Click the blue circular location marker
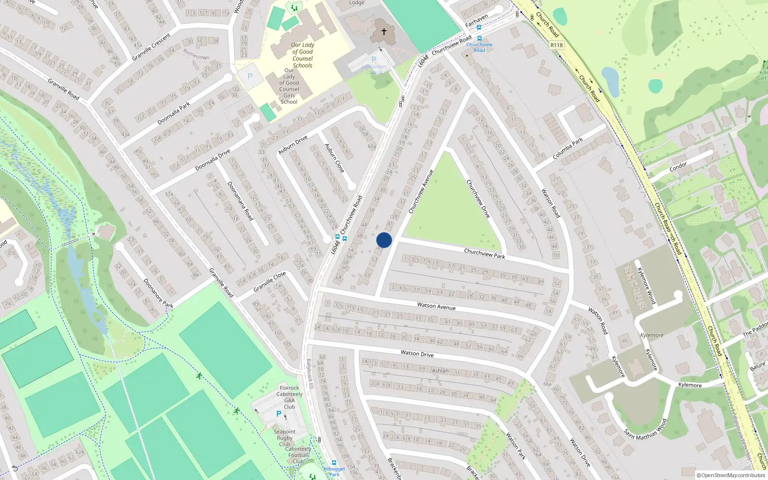click(x=384, y=240)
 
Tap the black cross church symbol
click(x=384, y=32)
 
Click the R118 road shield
click(x=557, y=45)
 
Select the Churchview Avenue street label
click(x=421, y=192)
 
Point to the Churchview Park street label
click(x=484, y=253)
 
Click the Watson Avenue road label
click(x=436, y=306)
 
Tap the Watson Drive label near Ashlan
click(x=417, y=354)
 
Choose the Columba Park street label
click(x=567, y=149)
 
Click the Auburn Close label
click(x=334, y=158)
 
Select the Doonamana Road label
click(x=240, y=201)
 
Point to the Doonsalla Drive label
click(x=213, y=160)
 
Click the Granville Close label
click(x=270, y=281)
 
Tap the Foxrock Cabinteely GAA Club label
click(x=289, y=397)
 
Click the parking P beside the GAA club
click(x=279, y=414)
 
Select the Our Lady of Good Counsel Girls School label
click(x=289, y=86)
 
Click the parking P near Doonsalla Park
click(x=250, y=76)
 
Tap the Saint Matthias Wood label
click(x=646, y=429)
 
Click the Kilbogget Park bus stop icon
click(x=334, y=463)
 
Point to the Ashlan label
click(x=440, y=371)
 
